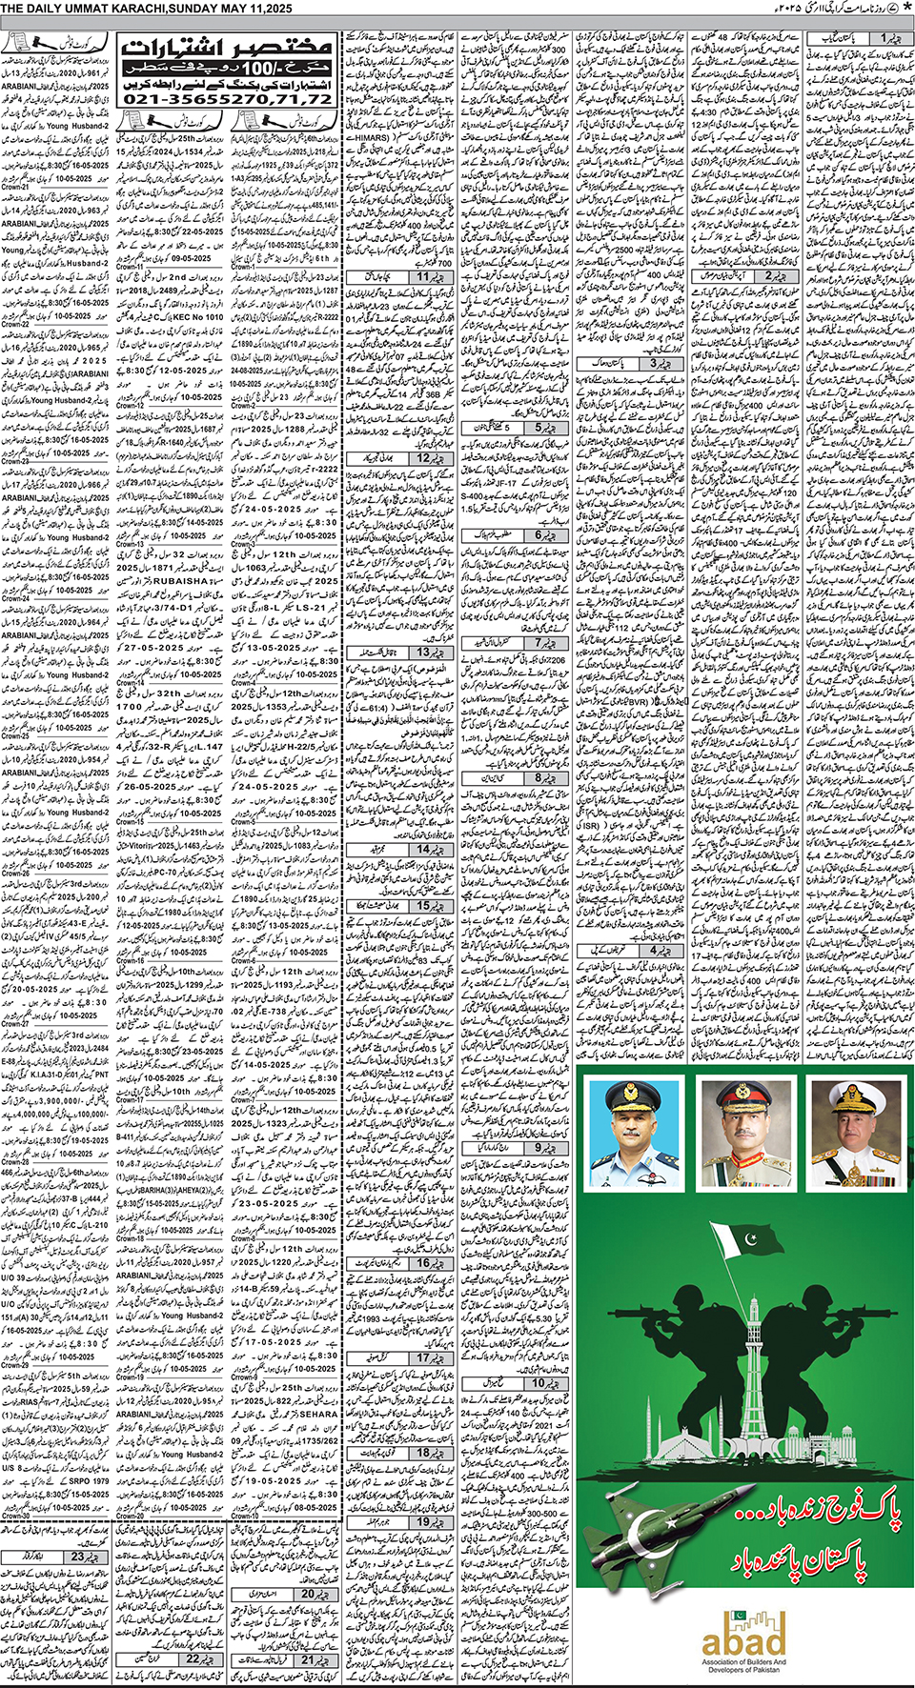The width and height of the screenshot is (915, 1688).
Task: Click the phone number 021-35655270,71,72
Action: [x=227, y=98]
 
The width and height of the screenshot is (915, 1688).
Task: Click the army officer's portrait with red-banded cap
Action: [x=745, y=1135]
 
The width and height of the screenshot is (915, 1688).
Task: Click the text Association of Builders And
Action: [x=743, y=1662]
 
